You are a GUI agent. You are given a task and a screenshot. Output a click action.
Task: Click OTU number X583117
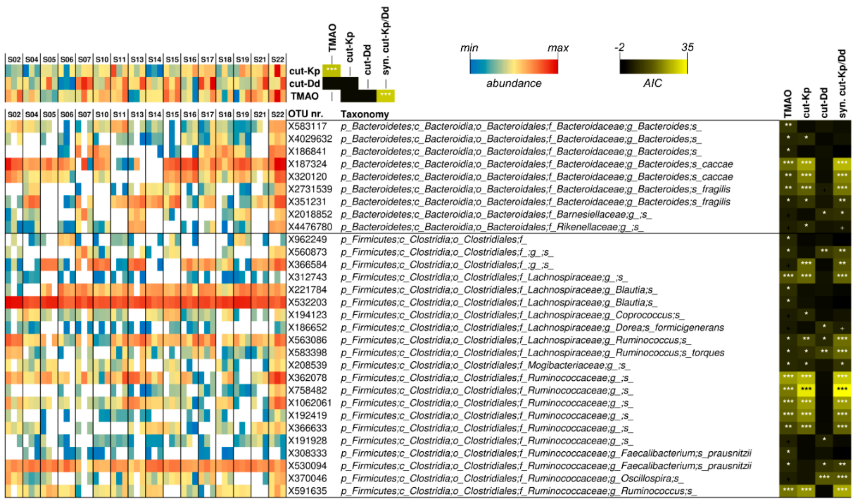(x=307, y=127)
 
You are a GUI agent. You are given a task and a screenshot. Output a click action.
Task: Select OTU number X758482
(x=307, y=390)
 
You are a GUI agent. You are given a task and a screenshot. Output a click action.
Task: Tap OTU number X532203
(x=307, y=302)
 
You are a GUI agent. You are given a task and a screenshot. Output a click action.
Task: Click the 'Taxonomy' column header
(x=365, y=114)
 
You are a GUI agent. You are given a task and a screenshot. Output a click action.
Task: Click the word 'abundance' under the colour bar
(x=514, y=83)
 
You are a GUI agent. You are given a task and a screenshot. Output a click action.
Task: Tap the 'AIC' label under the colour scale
(x=652, y=83)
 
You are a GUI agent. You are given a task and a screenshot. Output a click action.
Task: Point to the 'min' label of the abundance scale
(x=469, y=48)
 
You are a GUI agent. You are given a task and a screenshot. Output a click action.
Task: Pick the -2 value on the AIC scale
(x=620, y=47)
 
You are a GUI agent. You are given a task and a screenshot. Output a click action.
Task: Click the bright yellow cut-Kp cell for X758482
(x=806, y=389)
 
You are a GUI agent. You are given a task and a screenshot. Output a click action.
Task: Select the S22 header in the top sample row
(x=277, y=60)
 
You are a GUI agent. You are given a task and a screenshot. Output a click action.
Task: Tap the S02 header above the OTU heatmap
(x=14, y=114)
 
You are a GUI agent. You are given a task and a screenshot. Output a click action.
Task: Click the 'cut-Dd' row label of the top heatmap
(x=304, y=84)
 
